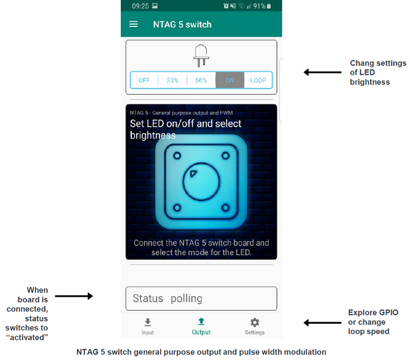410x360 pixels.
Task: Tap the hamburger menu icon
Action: [x=134, y=25]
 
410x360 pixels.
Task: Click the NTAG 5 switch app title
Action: [x=182, y=25]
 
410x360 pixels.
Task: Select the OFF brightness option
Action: [x=144, y=80]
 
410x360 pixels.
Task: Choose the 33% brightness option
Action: [x=172, y=80]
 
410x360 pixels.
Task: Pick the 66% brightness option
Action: [x=201, y=80]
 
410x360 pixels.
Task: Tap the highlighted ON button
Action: [x=230, y=80]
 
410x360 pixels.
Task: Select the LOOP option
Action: [x=258, y=80]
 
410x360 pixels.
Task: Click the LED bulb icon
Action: [x=201, y=55]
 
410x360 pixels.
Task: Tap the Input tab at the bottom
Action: [x=148, y=326]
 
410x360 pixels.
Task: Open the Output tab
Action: [x=201, y=326]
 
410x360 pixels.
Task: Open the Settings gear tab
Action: [x=255, y=326]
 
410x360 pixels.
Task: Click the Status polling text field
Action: [x=201, y=299]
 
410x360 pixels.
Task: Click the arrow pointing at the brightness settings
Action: [x=318, y=72]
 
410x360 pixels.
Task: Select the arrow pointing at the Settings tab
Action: [x=318, y=323]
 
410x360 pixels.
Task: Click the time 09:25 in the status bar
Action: [x=140, y=6]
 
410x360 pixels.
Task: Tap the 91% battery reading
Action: [x=258, y=6]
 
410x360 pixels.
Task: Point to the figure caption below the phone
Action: [x=201, y=352]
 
